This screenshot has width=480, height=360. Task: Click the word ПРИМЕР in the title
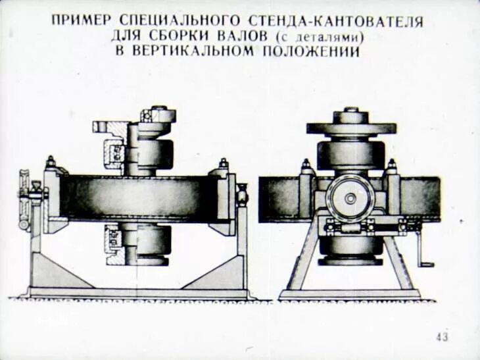80,22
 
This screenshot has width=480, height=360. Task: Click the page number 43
442,337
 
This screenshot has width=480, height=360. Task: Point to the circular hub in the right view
350,197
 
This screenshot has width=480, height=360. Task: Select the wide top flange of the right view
351,128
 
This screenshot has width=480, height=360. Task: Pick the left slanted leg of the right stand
302,263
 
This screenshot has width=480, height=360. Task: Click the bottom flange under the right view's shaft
350,261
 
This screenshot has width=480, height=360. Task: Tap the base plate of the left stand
138,292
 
